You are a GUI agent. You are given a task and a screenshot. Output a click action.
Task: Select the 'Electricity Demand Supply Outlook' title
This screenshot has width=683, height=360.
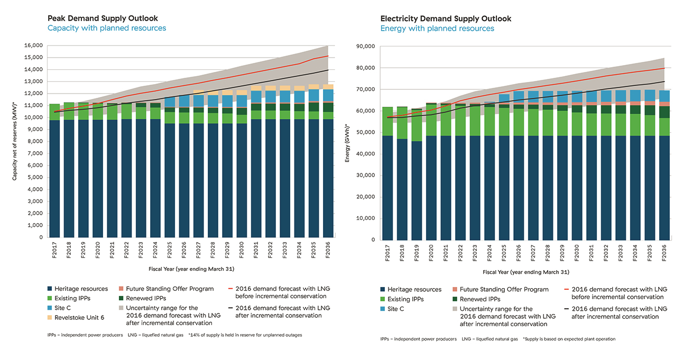[446, 19]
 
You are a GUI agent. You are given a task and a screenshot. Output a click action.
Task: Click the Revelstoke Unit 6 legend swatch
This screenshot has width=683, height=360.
[50, 318]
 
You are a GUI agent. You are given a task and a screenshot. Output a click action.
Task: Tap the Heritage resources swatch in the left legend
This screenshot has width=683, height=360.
[50, 289]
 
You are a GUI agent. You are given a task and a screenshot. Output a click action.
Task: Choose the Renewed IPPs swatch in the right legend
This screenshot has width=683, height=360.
[454, 299]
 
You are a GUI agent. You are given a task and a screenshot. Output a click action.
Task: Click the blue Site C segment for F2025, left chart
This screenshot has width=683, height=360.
[169, 101]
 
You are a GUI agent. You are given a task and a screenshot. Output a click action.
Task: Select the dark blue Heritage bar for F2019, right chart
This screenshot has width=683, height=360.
[417, 190]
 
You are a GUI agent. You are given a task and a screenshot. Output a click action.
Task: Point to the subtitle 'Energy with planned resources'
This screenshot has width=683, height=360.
[437, 29]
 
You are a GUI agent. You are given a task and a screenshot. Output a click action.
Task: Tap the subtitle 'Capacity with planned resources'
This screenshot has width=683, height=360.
[106, 28]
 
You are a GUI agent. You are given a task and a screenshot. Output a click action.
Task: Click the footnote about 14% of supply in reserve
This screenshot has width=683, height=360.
[245, 335]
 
